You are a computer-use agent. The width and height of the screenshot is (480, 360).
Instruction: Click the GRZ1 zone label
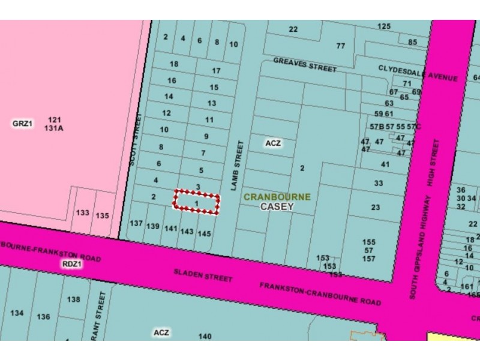click(x=22, y=124)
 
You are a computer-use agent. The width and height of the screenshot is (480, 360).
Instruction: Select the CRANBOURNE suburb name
click(x=277, y=196)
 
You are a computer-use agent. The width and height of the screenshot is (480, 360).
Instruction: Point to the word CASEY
click(x=277, y=206)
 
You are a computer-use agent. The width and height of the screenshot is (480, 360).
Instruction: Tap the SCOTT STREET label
click(x=136, y=137)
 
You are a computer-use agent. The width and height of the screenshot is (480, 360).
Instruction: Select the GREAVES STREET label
click(x=305, y=64)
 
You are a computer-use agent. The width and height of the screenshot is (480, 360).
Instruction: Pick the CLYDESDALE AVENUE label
click(x=418, y=74)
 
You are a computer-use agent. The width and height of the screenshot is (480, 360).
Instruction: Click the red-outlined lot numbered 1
click(x=197, y=204)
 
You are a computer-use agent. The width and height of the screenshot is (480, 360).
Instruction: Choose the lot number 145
click(x=204, y=233)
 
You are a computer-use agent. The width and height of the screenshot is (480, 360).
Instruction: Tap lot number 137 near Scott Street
click(x=136, y=223)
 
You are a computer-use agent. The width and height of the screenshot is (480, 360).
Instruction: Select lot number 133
click(x=83, y=213)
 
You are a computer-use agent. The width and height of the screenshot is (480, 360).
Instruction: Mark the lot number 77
click(x=341, y=46)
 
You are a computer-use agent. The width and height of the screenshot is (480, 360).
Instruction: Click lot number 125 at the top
click(x=384, y=26)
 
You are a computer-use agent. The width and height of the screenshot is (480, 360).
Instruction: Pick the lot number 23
click(x=376, y=208)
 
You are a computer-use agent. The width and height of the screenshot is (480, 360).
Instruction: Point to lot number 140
click(x=205, y=337)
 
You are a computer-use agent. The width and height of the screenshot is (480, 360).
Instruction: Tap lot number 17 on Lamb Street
click(x=217, y=70)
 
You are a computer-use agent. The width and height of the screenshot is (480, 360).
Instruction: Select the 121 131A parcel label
click(x=53, y=124)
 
